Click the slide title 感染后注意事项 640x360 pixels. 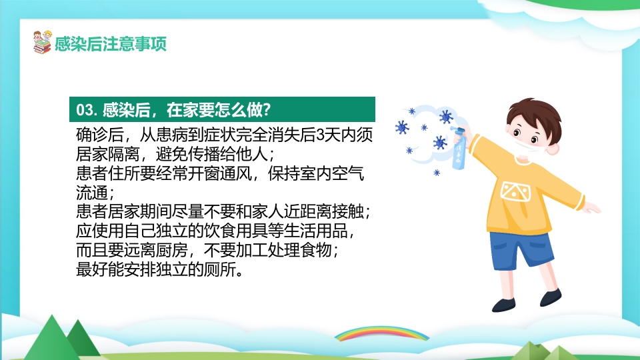(111, 44)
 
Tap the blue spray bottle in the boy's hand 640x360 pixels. (459, 153)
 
